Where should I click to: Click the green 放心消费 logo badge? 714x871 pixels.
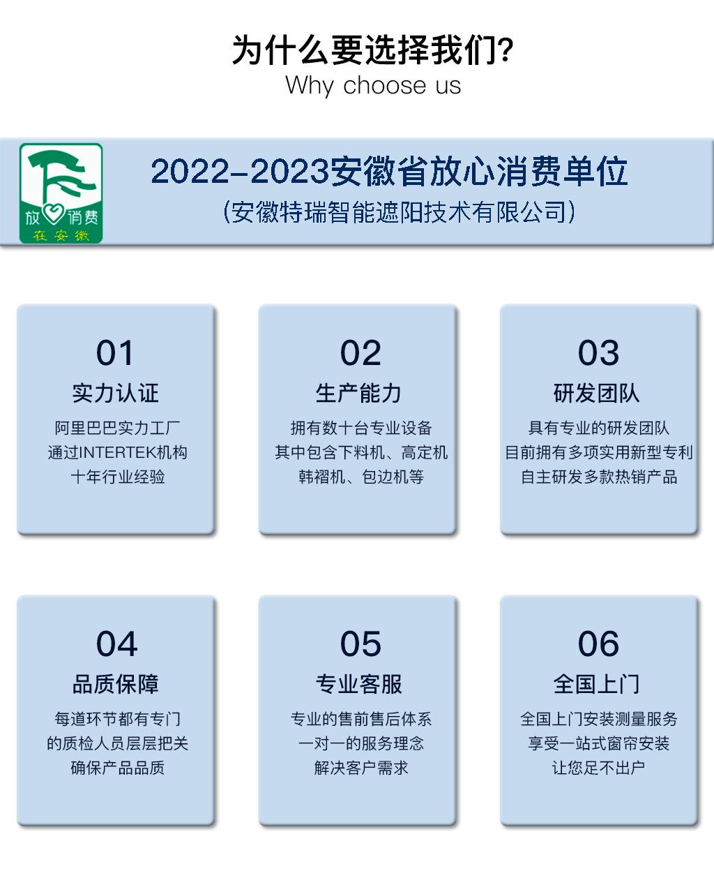click(61, 193)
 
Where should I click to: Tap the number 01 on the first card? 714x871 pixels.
click(115, 353)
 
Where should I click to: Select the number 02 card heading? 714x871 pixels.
click(360, 353)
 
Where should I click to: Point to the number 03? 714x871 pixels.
click(598, 353)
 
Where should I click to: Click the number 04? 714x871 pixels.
click(117, 644)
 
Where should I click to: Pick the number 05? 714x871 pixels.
click(360, 644)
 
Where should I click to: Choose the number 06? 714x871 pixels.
click(598, 644)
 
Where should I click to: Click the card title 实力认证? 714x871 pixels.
click(116, 393)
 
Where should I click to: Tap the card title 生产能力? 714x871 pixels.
click(358, 393)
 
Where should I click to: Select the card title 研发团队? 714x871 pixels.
click(597, 393)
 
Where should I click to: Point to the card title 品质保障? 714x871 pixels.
click(116, 684)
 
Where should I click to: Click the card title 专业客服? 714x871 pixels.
click(358, 684)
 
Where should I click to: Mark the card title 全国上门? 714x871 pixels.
click(597, 684)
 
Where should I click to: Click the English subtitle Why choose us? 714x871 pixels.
click(372, 86)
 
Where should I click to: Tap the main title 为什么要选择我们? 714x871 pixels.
click(372, 50)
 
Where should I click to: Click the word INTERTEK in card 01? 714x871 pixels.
click(117, 453)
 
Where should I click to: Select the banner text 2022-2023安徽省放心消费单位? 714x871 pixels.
click(389, 172)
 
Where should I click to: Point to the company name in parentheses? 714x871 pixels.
click(399, 212)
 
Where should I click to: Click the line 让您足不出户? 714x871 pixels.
click(598, 768)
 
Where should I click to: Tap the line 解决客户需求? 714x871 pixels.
click(360, 768)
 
